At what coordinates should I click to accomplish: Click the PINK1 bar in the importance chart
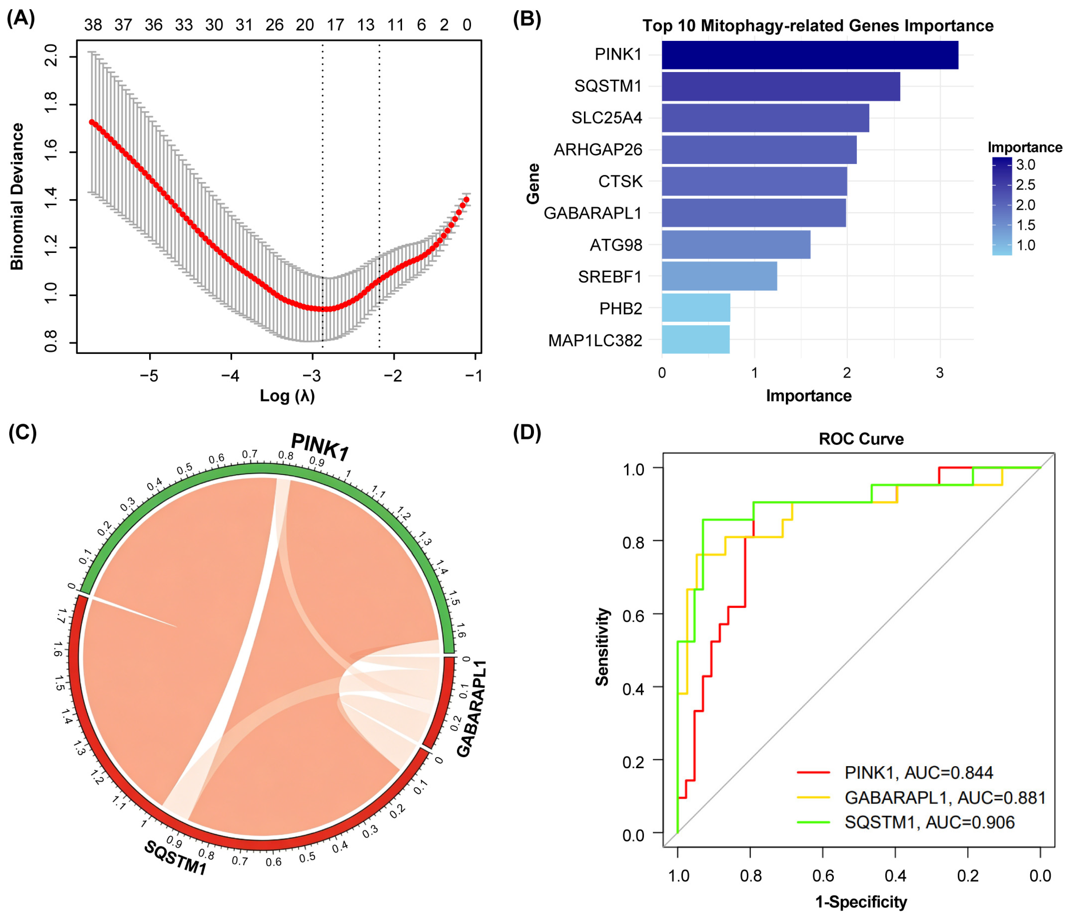coord(810,55)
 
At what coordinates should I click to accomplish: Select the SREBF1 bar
coord(719,276)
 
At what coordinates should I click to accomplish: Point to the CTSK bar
coord(754,181)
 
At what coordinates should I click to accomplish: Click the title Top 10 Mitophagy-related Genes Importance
coord(818,26)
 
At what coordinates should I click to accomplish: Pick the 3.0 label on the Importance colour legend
coord(1026,165)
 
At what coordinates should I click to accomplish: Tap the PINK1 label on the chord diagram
coord(320,447)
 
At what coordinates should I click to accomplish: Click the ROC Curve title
coord(861,439)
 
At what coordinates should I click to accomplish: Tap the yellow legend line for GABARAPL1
coord(814,798)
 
